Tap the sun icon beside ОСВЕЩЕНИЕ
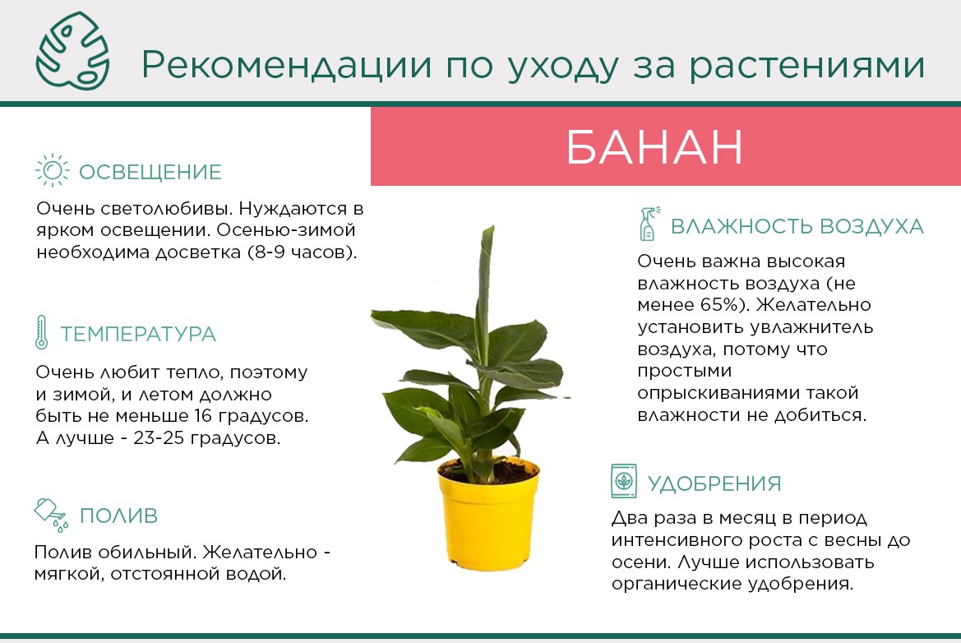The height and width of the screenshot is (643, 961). coord(52,170)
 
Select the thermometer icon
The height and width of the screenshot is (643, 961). coord(41,333)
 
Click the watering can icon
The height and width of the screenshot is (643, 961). coord(51,515)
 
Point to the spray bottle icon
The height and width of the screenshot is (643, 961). coord(649,224)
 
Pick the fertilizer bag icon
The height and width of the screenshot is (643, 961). coord(624,481)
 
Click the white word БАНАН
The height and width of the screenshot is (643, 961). coord(654,147)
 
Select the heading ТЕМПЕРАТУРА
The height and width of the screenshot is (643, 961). coord(138,334)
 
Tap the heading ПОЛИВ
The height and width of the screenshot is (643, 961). coord(119,516)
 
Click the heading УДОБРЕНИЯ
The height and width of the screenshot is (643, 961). coord(714,483)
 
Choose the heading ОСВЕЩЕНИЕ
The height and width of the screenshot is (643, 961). coord(150,172)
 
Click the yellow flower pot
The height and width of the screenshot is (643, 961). coord(488,514)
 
